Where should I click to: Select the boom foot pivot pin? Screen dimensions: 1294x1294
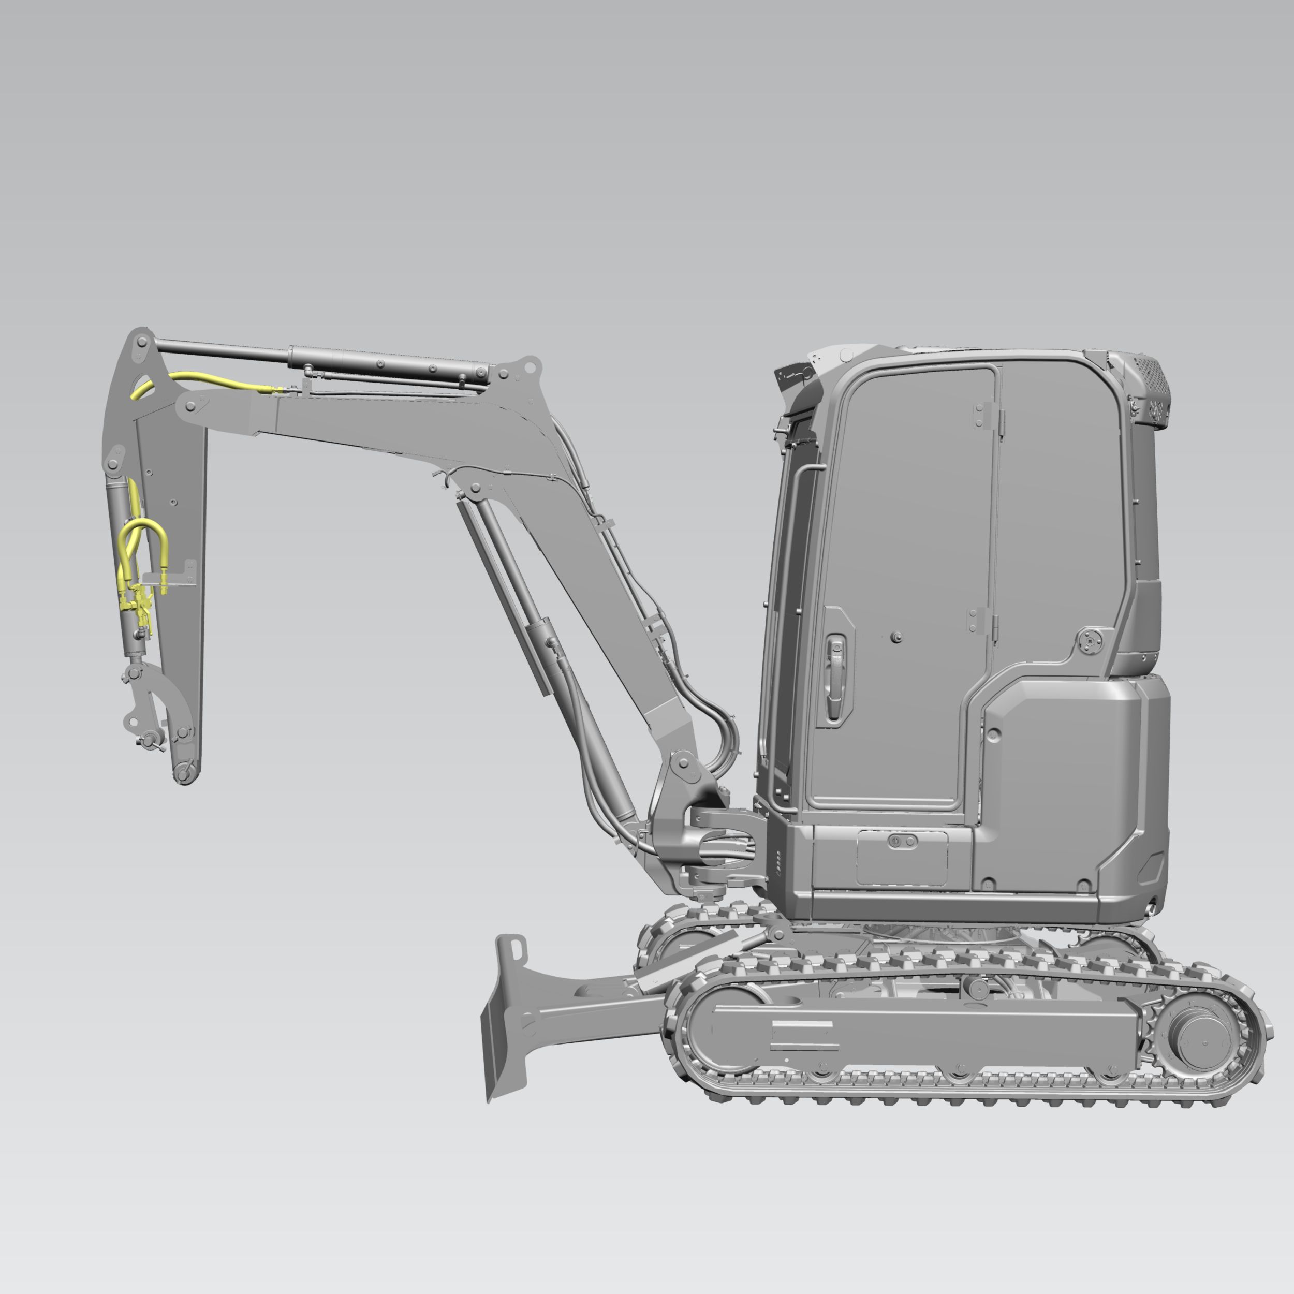click(684, 763)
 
